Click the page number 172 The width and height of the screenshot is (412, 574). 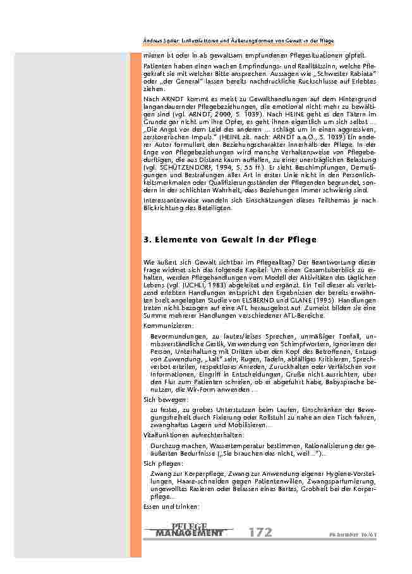click(260, 532)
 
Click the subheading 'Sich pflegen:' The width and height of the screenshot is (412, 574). click(161, 463)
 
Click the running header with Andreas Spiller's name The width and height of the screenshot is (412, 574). click(238, 40)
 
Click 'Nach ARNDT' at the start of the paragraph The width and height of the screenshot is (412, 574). click(161, 99)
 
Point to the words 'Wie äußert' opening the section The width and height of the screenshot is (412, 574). click(158, 262)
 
